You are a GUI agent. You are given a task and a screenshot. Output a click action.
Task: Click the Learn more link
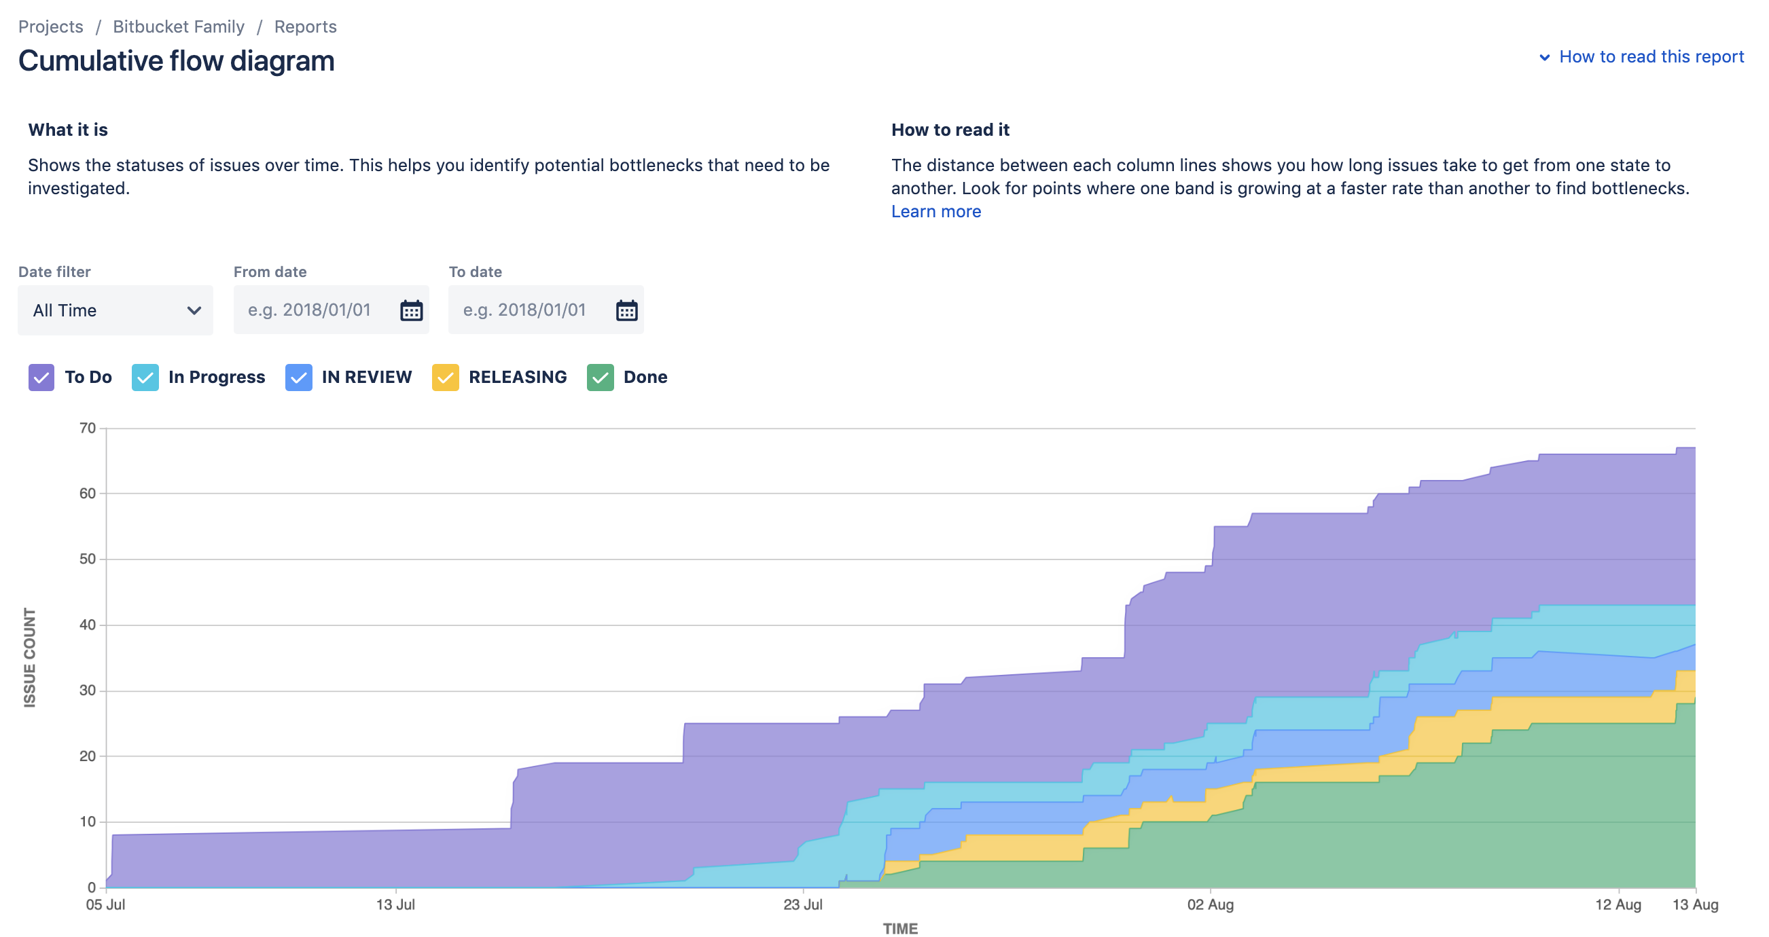point(936,211)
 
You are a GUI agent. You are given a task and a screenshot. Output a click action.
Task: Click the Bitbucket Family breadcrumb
point(179,26)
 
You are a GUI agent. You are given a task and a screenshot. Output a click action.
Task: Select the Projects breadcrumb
point(51,26)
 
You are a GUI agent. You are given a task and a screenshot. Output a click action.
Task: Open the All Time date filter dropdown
point(115,310)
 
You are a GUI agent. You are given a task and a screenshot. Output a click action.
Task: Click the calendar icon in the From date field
point(412,310)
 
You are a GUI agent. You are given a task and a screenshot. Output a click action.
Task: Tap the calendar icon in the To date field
point(626,310)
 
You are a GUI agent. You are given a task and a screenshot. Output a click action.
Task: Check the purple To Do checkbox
point(41,378)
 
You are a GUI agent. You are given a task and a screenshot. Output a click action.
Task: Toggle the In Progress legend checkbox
point(145,378)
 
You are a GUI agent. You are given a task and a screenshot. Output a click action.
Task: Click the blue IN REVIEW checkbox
point(299,378)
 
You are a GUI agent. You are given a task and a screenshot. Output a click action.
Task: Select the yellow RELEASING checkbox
point(446,378)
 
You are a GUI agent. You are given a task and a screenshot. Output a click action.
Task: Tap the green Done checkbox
point(601,378)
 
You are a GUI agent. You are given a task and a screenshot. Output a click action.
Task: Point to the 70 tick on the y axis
point(88,428)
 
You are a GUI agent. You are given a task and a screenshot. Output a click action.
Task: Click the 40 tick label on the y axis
point(88,625)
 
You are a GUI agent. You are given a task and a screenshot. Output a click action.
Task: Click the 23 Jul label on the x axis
point(803,904)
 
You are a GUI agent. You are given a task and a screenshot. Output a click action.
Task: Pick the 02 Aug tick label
point(1211,904)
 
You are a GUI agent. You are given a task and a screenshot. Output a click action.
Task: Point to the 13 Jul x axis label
point(395,904)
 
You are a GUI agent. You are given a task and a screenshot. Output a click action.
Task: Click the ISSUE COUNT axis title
point(29,657)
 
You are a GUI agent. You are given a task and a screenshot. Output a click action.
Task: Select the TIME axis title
point(900,928)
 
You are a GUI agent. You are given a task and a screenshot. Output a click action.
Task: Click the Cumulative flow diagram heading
point(177,60)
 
